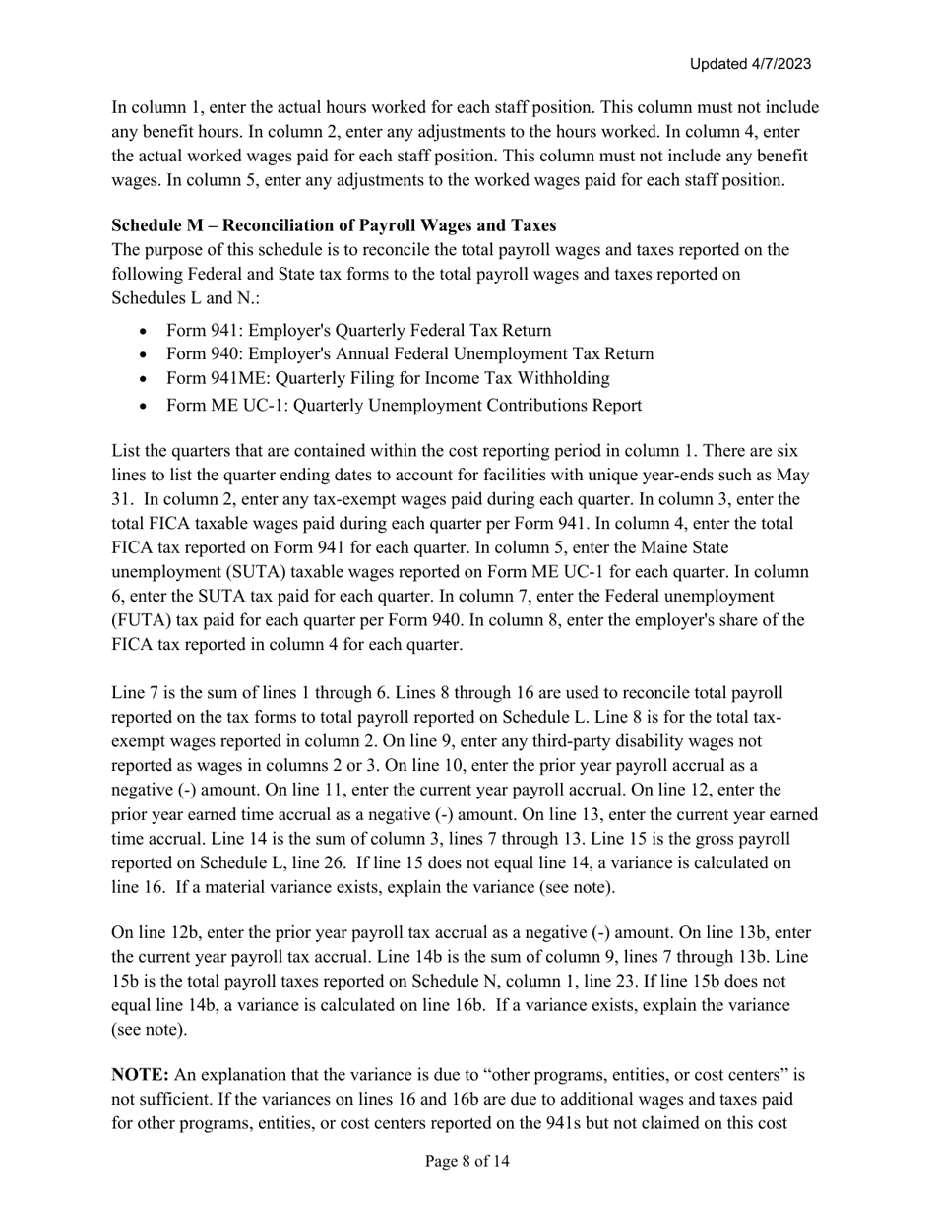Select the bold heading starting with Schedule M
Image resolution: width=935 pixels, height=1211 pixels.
tap(334, 225)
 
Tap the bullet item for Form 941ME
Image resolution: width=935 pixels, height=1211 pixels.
tap(388, 378)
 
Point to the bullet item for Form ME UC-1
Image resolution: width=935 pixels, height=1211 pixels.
tap(404, 405)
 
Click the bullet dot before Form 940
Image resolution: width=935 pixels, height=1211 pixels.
tap(146, 354)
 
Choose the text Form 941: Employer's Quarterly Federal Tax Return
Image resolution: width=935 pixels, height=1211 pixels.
tap(358, 330)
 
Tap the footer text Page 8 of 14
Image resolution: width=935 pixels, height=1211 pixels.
tap(467, 1162)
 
